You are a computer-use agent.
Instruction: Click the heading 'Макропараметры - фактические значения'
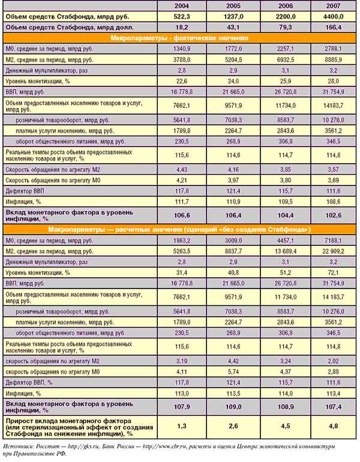click(x=179, y=38)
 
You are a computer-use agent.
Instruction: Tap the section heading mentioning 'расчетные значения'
click(x=179, y=229)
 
